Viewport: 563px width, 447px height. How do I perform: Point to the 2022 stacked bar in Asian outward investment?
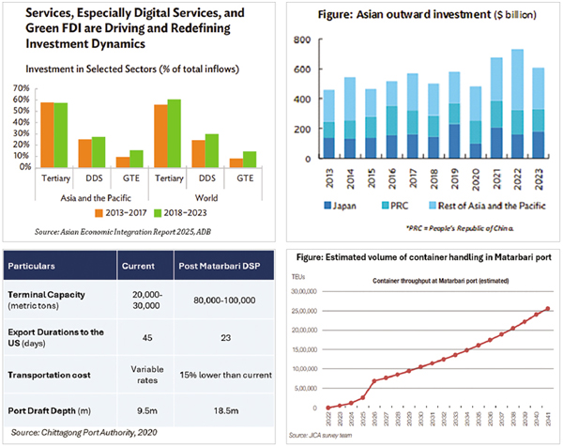click(517, 103)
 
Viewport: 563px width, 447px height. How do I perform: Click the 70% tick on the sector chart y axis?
click(22, 85)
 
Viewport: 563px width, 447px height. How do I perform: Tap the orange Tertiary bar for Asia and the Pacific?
click(47, 134)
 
